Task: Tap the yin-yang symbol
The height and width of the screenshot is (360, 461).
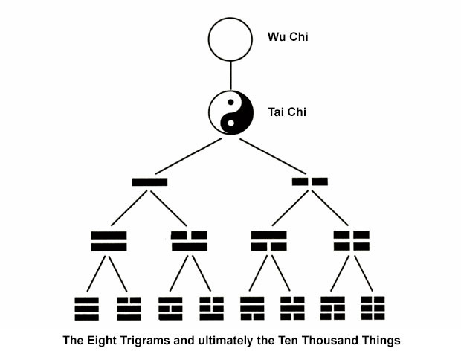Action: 230,112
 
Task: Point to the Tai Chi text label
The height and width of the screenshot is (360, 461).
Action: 287,112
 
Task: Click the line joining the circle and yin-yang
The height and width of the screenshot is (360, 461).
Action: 230,76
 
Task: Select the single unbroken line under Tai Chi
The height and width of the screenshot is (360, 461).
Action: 149,181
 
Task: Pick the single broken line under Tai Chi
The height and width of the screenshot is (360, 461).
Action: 310,181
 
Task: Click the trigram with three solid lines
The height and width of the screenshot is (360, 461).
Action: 88,307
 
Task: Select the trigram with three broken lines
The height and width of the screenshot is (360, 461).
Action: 372,307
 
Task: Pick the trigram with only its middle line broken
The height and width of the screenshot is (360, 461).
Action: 170,307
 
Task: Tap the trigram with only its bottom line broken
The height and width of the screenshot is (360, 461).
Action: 251,307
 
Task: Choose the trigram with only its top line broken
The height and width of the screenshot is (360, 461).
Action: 129,307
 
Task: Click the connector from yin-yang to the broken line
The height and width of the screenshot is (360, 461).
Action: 271,156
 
